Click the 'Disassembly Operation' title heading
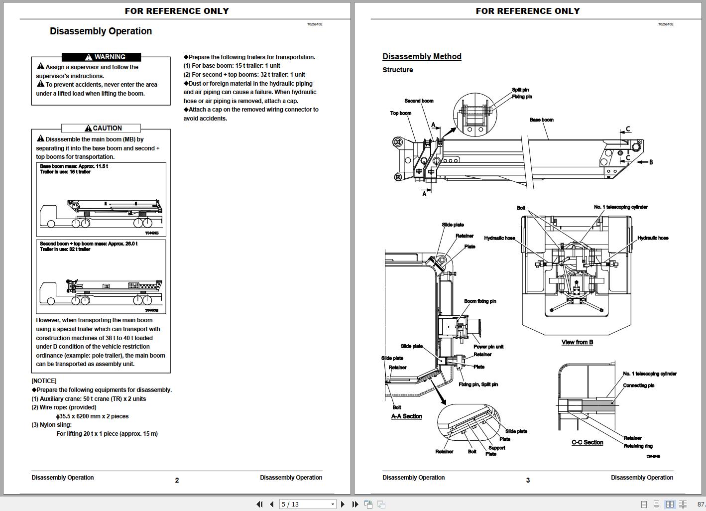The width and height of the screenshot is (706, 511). coord(101,31)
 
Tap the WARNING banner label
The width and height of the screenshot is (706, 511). coord(102,57)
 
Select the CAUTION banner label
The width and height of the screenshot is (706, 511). coord(101,128)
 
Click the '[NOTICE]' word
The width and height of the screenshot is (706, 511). coord(44,381)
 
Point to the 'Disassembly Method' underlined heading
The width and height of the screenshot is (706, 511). coord(422,57)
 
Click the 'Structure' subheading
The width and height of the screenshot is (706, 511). coord(397,70)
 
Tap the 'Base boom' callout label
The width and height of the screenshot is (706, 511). coord(541,120)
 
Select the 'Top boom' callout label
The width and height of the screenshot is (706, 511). coord(400,114)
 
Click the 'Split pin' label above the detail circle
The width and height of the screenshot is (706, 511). coord(520,90)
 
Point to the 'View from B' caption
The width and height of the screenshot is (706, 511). coord(577,342)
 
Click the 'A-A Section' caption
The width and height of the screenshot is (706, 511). coord(406,416)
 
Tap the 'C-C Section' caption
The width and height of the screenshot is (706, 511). coord(587,442)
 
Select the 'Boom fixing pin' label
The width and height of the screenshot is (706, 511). coord(480,301)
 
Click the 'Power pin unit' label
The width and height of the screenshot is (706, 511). coord(488,347)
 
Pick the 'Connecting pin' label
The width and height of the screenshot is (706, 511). coord(638,385)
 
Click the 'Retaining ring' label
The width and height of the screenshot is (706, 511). coord(638,446)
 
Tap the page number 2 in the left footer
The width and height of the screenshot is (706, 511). coord(177,481)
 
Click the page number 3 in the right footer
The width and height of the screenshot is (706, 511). coord(528,481)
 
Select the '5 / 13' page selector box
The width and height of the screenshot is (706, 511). coord(308,504)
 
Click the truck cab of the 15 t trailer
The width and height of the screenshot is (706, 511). coord(49,216)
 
